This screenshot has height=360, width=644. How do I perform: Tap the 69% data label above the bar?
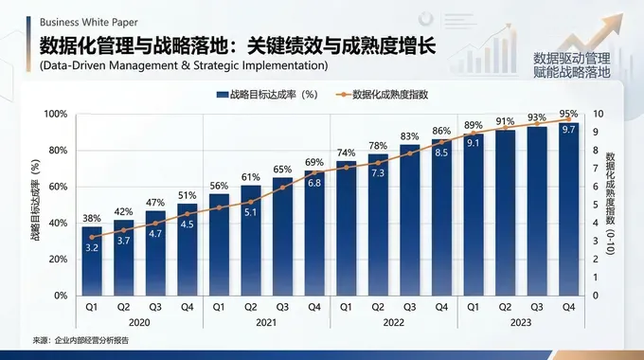pyautogui.click(x=314, y=163)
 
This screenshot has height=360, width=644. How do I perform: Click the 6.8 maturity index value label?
pyautogui.click(x=314, y=183)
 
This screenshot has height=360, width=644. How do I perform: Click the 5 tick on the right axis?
pyautogui.click(x=595, y=205)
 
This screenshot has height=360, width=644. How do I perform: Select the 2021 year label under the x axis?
pyautogui.click(x=267, y=322)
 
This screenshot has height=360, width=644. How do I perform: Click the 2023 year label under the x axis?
pyautogui.click(x=520, y=322)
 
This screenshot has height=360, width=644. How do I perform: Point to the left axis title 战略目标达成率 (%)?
pyautogui.click(x=35, y=205)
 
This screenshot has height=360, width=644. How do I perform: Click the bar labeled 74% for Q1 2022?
pyautogui.click(x=347, y=232)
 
